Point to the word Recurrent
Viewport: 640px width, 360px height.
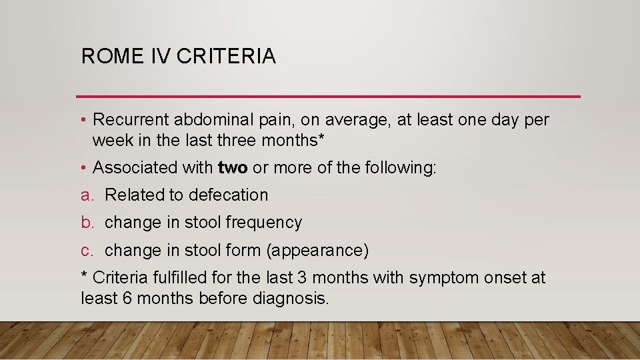[131, 120]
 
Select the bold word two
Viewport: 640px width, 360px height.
[233, 167]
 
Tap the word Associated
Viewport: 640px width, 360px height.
[131, 167]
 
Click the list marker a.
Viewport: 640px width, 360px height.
[87, 195]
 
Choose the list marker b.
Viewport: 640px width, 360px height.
[87, 223]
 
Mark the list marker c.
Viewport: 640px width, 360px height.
[87, 251]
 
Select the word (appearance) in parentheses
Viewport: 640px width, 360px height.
[316, 251]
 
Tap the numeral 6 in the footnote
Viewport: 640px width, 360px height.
[127, 298]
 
